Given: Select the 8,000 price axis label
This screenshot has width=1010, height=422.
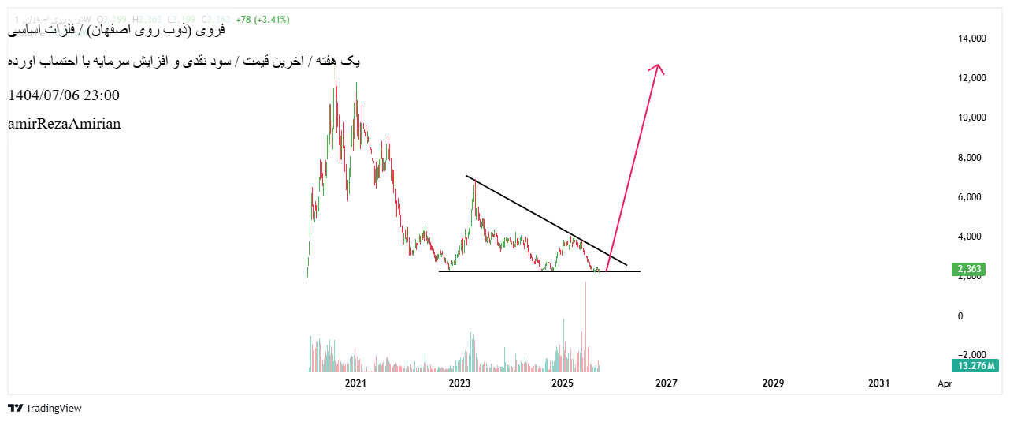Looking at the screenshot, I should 972,157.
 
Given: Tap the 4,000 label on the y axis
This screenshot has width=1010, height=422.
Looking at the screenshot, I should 972,236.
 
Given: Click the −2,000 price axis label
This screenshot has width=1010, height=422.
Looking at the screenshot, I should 970,355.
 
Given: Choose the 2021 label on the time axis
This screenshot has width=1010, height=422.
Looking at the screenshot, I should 355,383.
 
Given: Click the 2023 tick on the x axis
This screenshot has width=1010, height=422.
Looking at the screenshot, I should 459,383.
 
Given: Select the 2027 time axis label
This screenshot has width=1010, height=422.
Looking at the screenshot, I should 667,383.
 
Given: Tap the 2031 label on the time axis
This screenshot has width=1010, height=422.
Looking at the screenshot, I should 878,383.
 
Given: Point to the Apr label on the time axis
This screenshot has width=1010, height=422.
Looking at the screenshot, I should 945,383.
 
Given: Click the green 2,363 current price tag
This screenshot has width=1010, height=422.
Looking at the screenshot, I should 968,270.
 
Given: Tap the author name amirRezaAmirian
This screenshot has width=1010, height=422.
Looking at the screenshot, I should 64,124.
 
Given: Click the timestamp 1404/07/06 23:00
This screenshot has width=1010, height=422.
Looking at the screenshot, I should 64,95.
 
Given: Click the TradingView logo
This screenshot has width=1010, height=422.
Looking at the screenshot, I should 45,408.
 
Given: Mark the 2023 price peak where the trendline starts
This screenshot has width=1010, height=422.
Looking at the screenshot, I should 474,181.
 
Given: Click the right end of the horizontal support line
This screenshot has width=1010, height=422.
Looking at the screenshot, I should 639,271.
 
